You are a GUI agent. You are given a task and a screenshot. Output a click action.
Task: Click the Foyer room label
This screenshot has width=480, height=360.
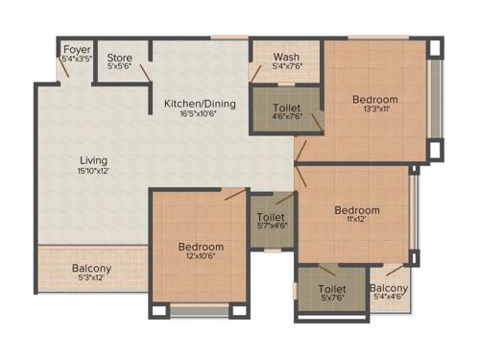point(77,49)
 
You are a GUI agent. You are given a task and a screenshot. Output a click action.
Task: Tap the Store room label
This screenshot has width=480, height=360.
point(120,58)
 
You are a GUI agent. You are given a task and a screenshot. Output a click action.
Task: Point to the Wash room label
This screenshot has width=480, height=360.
point(286,58)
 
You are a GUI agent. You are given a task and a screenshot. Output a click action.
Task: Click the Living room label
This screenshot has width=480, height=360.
point(93,159)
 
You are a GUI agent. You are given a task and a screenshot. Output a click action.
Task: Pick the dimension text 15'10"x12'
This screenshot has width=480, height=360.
point(93,171)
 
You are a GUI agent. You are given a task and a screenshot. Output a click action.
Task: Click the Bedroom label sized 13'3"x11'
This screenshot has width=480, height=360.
point(374,100)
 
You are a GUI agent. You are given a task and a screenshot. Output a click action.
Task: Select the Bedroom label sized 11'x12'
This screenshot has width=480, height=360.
point(356,210)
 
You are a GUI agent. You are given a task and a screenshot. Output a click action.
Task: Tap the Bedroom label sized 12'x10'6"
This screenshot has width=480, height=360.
point(201,247)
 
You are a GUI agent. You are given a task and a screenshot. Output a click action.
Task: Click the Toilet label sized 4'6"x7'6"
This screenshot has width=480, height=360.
point(286,108)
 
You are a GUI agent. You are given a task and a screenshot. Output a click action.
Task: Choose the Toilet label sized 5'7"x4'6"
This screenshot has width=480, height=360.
point(271,218)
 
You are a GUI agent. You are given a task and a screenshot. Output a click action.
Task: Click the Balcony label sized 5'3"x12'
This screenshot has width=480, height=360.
point(92,269)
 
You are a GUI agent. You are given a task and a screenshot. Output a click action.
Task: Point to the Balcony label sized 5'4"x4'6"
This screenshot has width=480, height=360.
point(389,288)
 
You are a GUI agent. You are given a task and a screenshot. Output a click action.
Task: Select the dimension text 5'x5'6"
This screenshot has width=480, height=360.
point(120,67)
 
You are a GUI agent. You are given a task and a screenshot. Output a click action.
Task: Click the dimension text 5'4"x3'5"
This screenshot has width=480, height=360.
point(77,59)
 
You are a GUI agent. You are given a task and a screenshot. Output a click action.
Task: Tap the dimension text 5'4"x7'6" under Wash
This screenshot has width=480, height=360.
point(286,67)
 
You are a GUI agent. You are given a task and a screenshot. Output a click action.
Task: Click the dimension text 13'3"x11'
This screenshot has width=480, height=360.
point(374,109)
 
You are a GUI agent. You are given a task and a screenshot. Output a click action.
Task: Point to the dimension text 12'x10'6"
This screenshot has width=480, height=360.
point(201,257)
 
